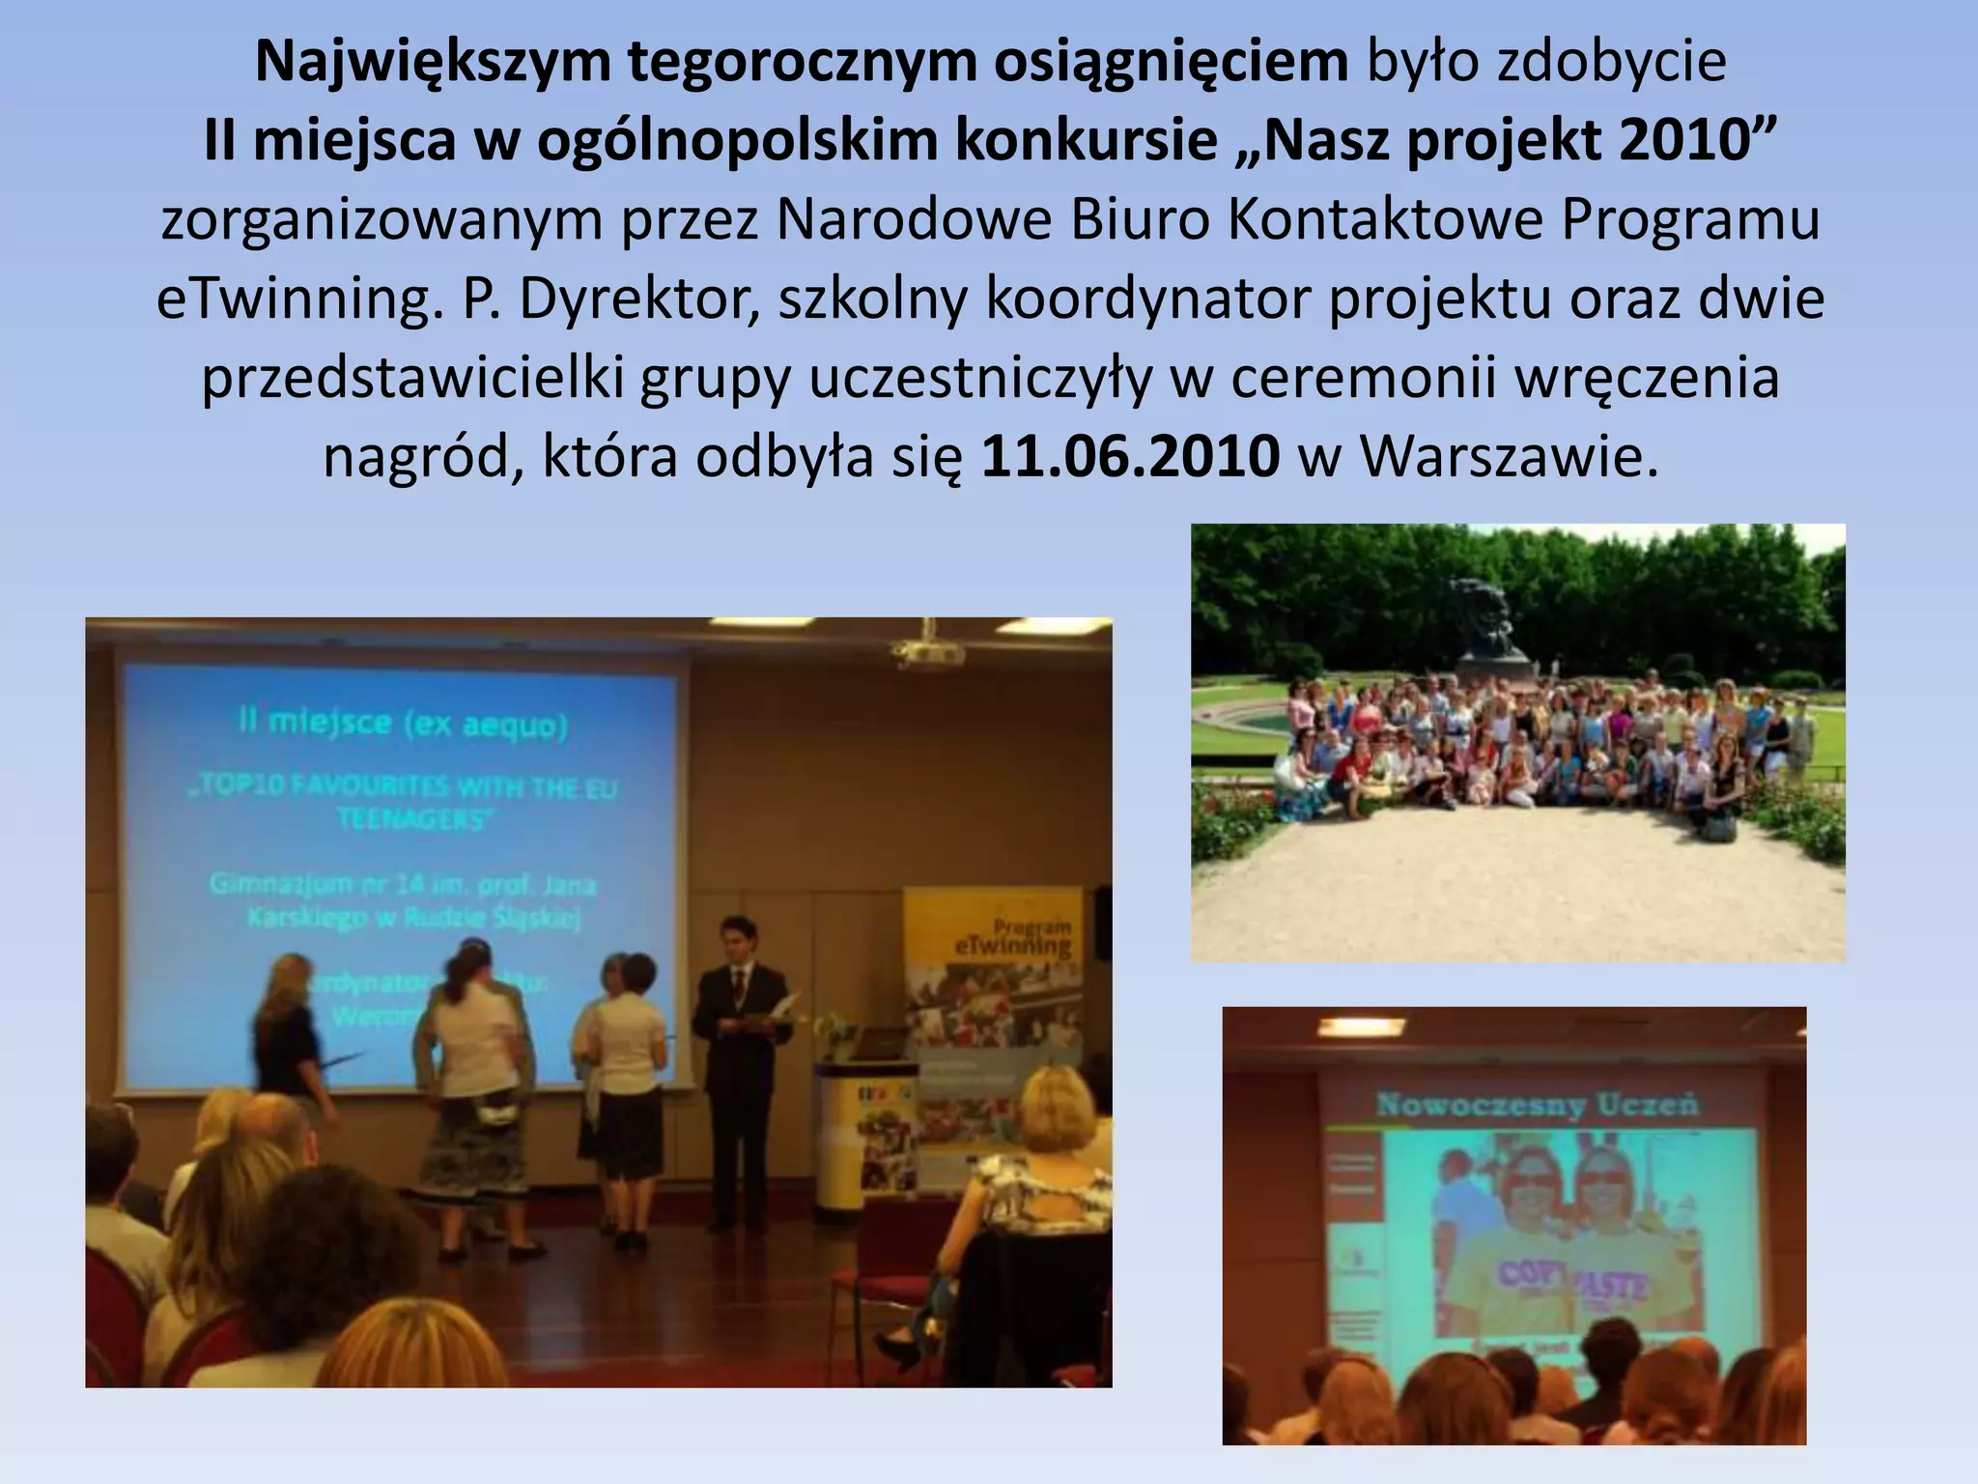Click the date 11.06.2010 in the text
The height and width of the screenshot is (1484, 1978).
tap(1129, 456)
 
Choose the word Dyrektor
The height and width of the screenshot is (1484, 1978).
tap(637, 300)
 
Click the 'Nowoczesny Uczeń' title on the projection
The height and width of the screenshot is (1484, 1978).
tap(1537, 1103)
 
